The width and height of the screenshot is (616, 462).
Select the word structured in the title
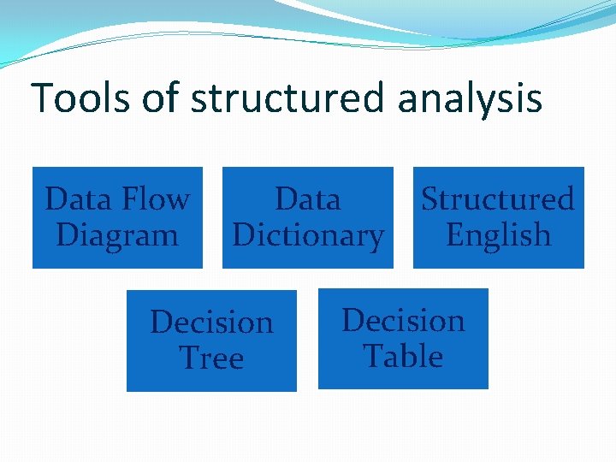click(x=287, y=98)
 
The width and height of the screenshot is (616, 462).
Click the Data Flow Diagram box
click(x=117, y=217)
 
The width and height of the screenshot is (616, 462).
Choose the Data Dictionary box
click(x=308, y=217)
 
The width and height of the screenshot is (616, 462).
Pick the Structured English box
click(x=498, y=217)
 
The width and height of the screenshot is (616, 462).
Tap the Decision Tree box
click(x=211, y=341)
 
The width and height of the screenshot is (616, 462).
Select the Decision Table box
click(x=403, y=339)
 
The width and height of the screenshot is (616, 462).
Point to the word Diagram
click(x=117, y=234)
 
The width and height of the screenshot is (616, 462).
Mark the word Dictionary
click(x=308, y=235)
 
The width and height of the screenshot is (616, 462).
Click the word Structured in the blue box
click(x=498, y=199)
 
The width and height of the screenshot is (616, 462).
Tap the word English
click(x=498, y=235)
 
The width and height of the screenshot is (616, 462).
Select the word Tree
click(x=211, y=358)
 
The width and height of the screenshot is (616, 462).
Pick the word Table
click(x=403, y=356)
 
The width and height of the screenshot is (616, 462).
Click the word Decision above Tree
click(x=211, y=323)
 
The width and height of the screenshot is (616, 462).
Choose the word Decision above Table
click(x=403, y=321)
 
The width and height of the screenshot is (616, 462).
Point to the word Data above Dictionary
click(x=308, y=199)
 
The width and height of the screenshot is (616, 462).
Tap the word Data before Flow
click(x=79, y=199)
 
